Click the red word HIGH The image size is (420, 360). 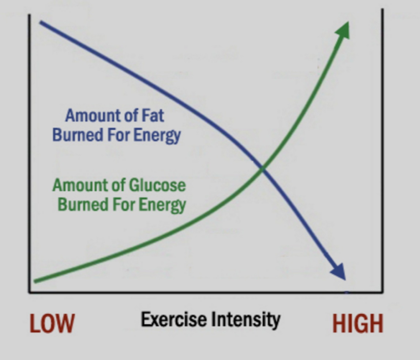(x=357, y=324)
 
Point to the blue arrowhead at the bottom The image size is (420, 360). (x=339, y=271)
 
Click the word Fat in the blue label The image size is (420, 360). (x=152, y=116)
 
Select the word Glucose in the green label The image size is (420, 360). (x=158, y=185)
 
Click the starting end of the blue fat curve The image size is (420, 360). (x=41, y=22)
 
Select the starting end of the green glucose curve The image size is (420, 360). (x=35, y=281)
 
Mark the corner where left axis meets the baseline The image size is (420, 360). (x=29, y=292)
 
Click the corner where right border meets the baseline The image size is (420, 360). (x=383, y=292)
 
